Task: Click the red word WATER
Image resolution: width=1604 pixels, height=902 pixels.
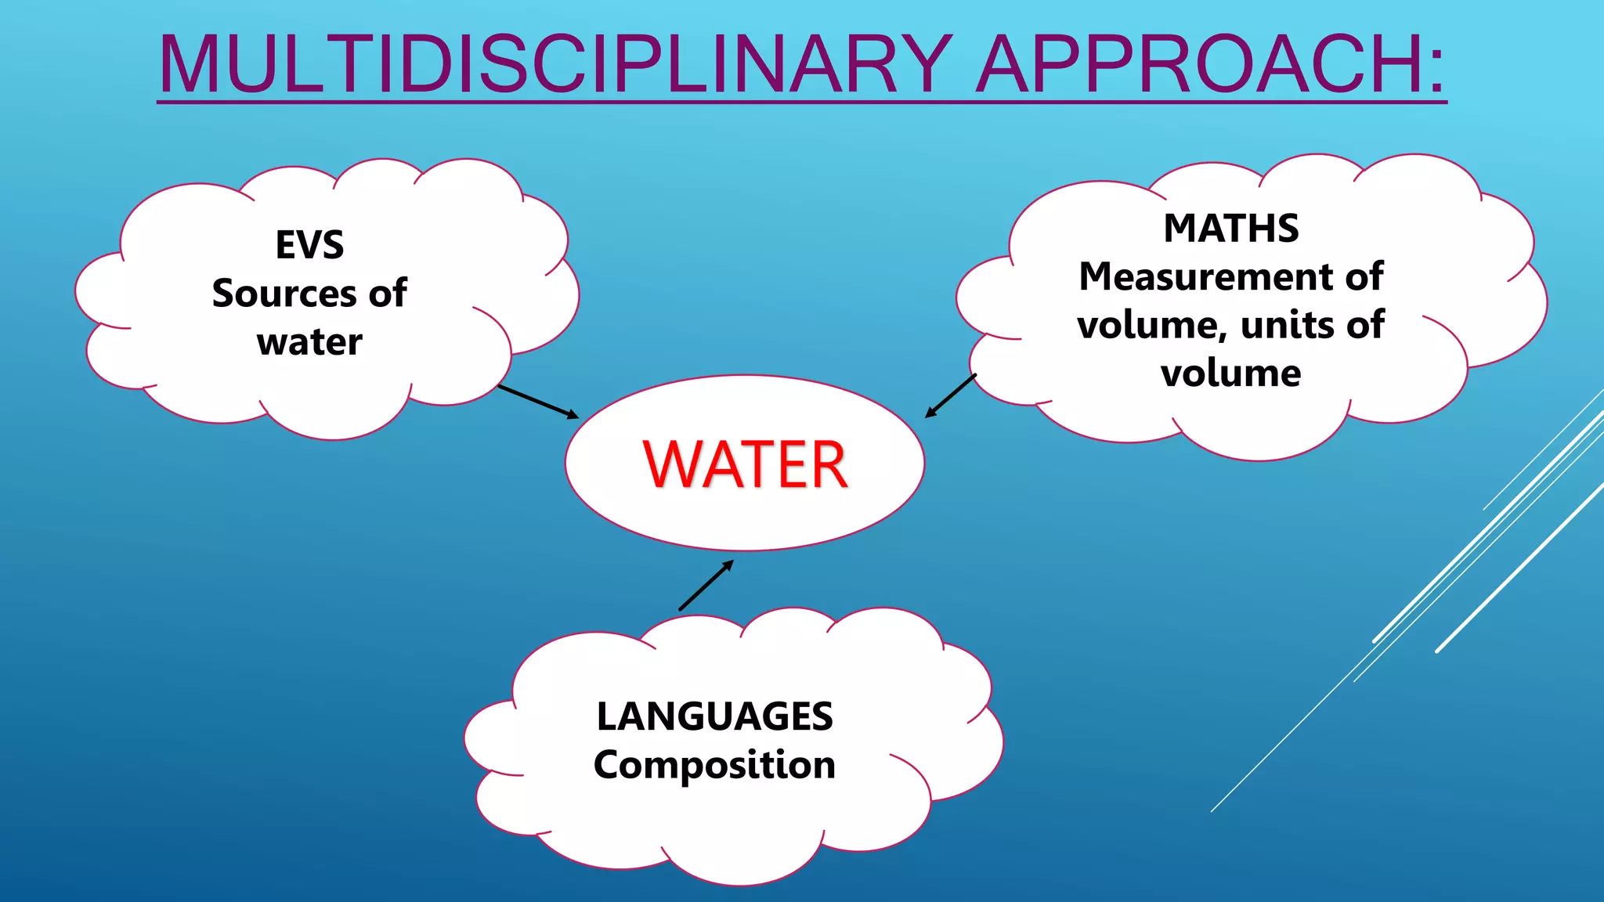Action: point(745,465)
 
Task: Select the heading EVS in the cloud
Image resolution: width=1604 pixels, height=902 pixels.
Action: point(309,245)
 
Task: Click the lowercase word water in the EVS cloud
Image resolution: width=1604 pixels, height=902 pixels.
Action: point(309,342)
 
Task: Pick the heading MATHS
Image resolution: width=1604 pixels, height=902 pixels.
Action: point(1231,229)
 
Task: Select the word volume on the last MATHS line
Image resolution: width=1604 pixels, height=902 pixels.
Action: point(1231,373)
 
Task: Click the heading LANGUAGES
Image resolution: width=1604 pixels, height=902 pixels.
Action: point(714,716)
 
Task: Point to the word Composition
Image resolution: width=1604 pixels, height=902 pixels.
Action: point(714,765)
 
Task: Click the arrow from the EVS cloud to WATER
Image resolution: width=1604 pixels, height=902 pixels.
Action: point(538,402)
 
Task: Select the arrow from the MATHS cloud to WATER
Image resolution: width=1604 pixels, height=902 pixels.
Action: point(951,396)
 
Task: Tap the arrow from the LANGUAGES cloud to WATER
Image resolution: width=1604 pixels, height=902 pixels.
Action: point(706,585)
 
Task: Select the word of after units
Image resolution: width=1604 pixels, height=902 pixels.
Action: point(1365,325)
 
